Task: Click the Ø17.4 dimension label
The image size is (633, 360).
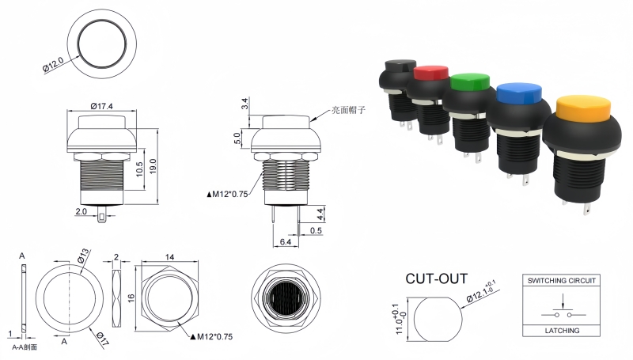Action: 104,106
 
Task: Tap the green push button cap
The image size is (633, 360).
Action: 472,82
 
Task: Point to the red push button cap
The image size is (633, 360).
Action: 430,72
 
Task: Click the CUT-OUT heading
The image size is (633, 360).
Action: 436,279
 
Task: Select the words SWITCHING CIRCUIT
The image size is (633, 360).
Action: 562,280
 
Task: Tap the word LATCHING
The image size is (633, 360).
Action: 563,330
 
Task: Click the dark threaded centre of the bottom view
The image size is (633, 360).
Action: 286,301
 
